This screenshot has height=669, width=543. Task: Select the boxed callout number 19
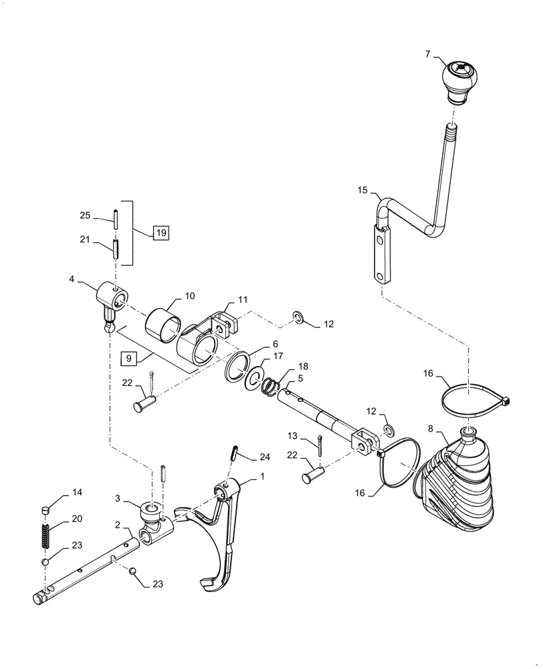[160, 233]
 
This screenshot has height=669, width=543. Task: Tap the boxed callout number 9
[128, 359]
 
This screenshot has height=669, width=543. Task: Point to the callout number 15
[362, 191]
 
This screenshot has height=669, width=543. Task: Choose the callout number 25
[85, 215]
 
